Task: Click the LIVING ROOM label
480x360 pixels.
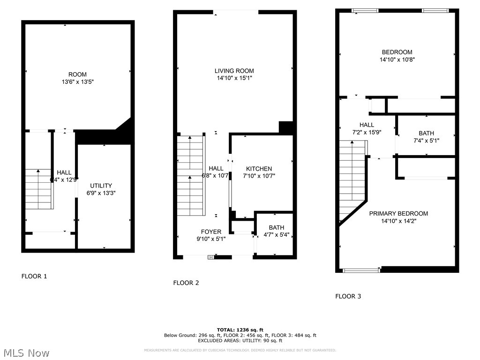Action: coord(234,71)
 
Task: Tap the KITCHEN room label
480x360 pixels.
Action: coord(259,169)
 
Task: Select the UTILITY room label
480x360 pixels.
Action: coord(101,186)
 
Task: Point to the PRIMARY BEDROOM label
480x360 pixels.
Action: coord(398,213)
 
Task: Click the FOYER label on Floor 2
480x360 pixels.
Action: coord(211,232)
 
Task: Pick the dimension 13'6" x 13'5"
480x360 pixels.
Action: coord(78,82)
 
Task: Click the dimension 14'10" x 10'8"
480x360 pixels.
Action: coord(397,60)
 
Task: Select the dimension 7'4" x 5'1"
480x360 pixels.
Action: coord(426,140)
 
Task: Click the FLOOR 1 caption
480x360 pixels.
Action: coord(34,276)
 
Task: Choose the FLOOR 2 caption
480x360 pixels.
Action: coord(186,283)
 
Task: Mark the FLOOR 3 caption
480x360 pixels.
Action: coord(348,296)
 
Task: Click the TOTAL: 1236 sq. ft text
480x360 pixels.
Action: coord(240,330)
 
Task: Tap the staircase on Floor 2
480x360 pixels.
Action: coord(191,176)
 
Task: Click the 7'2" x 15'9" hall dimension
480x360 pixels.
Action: coord(367,132)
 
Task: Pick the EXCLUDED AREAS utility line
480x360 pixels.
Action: coord(240,340)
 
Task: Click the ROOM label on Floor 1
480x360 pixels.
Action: coord(77,75)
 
